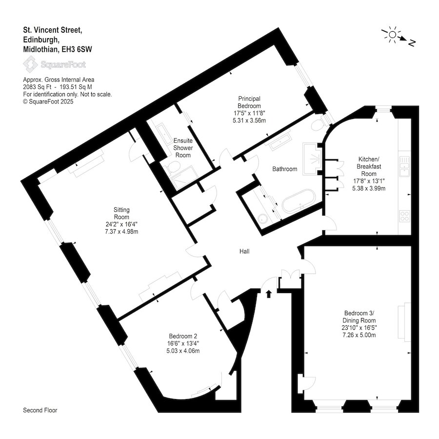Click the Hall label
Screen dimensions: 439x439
coord(244,251)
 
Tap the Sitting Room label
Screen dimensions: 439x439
coord(121,213)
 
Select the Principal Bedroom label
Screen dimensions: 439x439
coord(249,102)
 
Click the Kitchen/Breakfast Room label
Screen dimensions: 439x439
coord(369,166)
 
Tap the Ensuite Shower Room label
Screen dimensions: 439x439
coord(183,148)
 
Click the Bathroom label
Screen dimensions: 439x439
coord(284,169)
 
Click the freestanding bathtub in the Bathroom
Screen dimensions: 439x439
coord(299,201)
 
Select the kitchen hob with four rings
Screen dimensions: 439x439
coord(404,216)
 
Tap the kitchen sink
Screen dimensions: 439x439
coord(404,166)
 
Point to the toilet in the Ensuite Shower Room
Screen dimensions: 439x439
coord(173,168)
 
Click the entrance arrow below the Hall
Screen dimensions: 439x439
coord(269,294)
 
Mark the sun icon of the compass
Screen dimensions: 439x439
coord(393,35)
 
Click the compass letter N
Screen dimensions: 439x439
coord(411,43)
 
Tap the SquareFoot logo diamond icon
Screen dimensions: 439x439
coord(31,64)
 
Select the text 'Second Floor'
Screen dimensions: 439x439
coord(40,410)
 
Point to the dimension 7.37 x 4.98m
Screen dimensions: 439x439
coord(121,232)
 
